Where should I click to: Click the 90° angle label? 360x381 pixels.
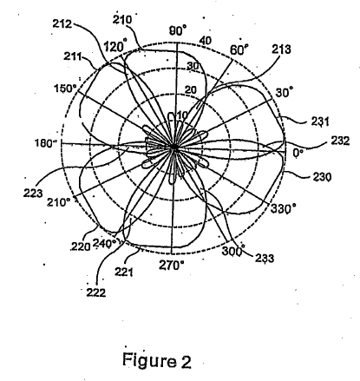[x=178, y=30]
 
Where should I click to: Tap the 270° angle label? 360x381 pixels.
[x=172, y=265]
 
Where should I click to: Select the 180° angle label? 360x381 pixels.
[x=45, y=142]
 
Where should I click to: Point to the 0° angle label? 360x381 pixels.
[x=298, y=152]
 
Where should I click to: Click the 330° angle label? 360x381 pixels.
[x=283, y=208]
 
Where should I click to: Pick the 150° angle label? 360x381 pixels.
[x=65, y=89]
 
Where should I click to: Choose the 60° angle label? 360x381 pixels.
[x=239, y=49]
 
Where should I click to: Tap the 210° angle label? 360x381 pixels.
[x=59, y=202]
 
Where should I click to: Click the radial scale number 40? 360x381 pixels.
[x=206, y=41]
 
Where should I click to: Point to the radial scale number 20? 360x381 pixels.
[x=191, y=90]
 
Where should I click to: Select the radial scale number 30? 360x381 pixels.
[x=193, y=66]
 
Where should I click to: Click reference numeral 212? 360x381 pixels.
[x=62, y=23]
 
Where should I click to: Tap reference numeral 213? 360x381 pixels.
[x=281, y=49]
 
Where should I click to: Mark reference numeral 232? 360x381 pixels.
[x=340, y=141]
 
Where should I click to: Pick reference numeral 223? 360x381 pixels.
[x=33, y=193]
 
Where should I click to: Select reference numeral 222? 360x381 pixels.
[x=96, y=292]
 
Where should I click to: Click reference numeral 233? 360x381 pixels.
[x=265, y=258]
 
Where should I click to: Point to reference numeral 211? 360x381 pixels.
[x=73, y=56]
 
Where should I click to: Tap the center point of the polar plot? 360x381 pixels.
[x=173, y=147]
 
